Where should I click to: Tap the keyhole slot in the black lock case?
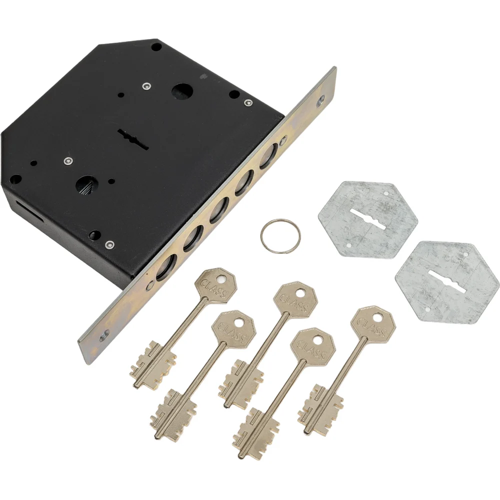(134, 139)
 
